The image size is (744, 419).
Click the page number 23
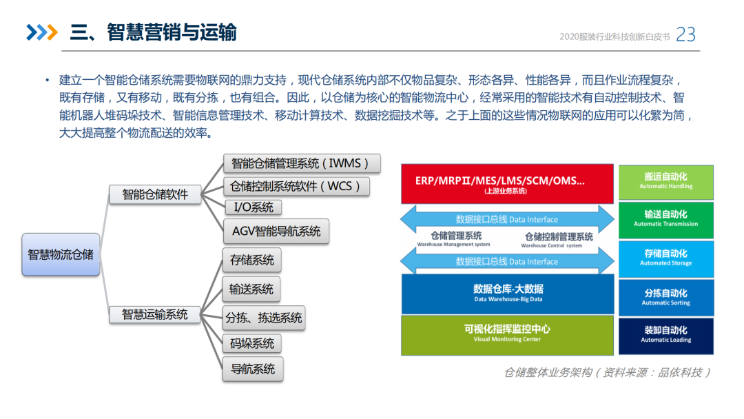(686, 34)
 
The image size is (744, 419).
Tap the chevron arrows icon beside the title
(41, 32)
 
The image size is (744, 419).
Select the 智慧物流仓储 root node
(61, 254)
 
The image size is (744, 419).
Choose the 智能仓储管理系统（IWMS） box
(296, 163)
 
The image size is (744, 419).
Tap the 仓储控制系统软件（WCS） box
(296, 186)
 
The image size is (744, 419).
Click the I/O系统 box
(253, 207)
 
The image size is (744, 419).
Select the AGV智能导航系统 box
(276, 232)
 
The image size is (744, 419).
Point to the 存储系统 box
(252, 260)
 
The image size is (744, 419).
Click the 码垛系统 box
(252, 343)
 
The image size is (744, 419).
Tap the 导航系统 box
(252, 369)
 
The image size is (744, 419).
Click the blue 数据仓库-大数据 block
(507, 294)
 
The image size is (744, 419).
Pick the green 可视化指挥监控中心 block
(507, 334)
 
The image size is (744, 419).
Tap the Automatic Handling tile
(665, 182)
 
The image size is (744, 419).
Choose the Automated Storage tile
(665, 258)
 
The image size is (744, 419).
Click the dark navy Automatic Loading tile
(665, 335)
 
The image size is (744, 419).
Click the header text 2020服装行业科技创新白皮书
(614, 37)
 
